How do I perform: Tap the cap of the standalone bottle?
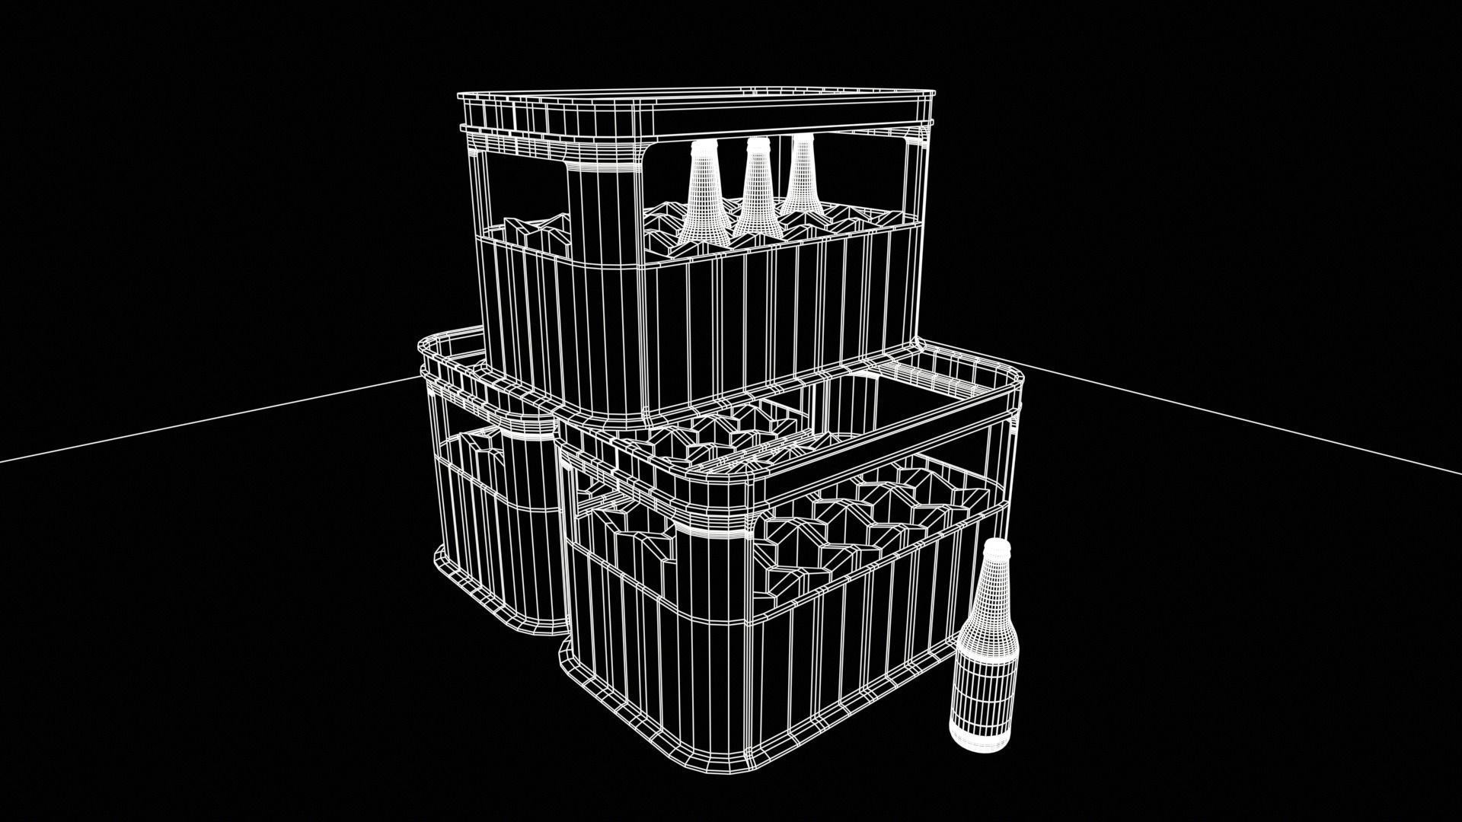[996, 546]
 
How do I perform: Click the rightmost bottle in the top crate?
[801, 183]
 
